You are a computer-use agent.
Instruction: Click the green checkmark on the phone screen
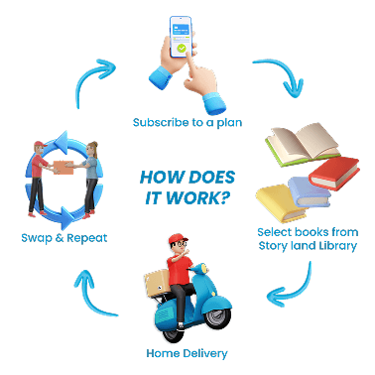pos(182,49)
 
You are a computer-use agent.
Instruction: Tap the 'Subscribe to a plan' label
pos(187,123)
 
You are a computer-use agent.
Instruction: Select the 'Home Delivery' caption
pos(187,353)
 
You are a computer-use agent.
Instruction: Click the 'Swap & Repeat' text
pos(64,238)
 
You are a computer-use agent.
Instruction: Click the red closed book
pos(334,173)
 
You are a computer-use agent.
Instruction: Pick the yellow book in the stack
pos(281,203)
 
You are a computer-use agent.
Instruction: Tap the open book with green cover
pos(303,145)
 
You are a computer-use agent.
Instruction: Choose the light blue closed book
pos(310,191)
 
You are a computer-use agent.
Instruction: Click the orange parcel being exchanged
pos(63,168)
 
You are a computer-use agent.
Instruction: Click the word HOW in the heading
pos(155,178)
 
